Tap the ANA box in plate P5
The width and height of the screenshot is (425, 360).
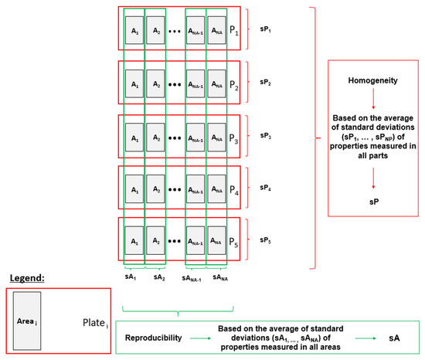(216, 241)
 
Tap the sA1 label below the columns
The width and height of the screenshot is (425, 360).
(134, 274)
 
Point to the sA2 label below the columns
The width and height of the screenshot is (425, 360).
(158, 274)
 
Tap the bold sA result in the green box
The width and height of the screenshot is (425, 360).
(395, 338)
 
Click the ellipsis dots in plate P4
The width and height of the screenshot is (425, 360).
(175, 189)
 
